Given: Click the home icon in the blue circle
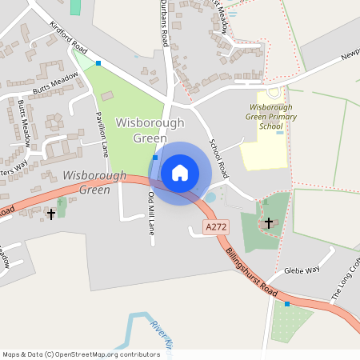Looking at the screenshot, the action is point(180,172).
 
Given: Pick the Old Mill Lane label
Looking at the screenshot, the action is point(151,212).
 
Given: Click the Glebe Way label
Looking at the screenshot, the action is point(302,270).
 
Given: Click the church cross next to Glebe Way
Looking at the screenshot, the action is point(269,222).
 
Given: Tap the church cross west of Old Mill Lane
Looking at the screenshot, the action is point(52,214).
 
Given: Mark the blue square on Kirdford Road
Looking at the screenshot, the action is point(98,62).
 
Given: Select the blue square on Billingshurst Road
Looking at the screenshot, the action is point(286,304).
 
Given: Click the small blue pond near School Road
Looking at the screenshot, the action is point(210,197).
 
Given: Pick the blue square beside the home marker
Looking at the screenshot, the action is point(154,158).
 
